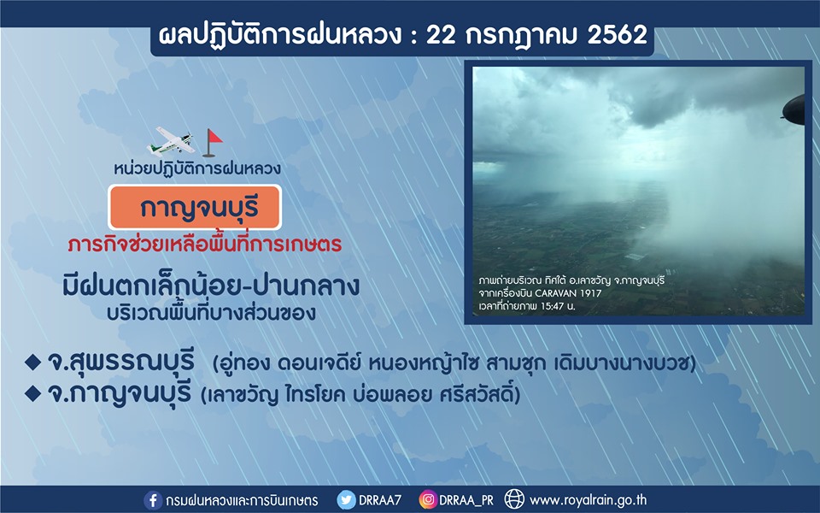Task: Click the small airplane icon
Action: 172,141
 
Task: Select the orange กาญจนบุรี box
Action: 195,207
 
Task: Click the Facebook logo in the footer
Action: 152,500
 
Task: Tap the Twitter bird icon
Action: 346,500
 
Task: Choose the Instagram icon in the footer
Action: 427,500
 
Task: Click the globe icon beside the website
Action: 514,499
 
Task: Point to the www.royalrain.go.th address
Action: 588,500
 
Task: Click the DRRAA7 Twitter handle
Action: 379,500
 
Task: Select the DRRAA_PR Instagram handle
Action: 466,501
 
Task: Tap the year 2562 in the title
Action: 617,35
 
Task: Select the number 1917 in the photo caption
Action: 590,293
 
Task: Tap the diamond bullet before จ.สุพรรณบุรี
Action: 32,362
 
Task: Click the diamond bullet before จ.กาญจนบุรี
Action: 32,393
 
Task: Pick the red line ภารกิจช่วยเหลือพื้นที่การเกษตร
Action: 204,245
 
